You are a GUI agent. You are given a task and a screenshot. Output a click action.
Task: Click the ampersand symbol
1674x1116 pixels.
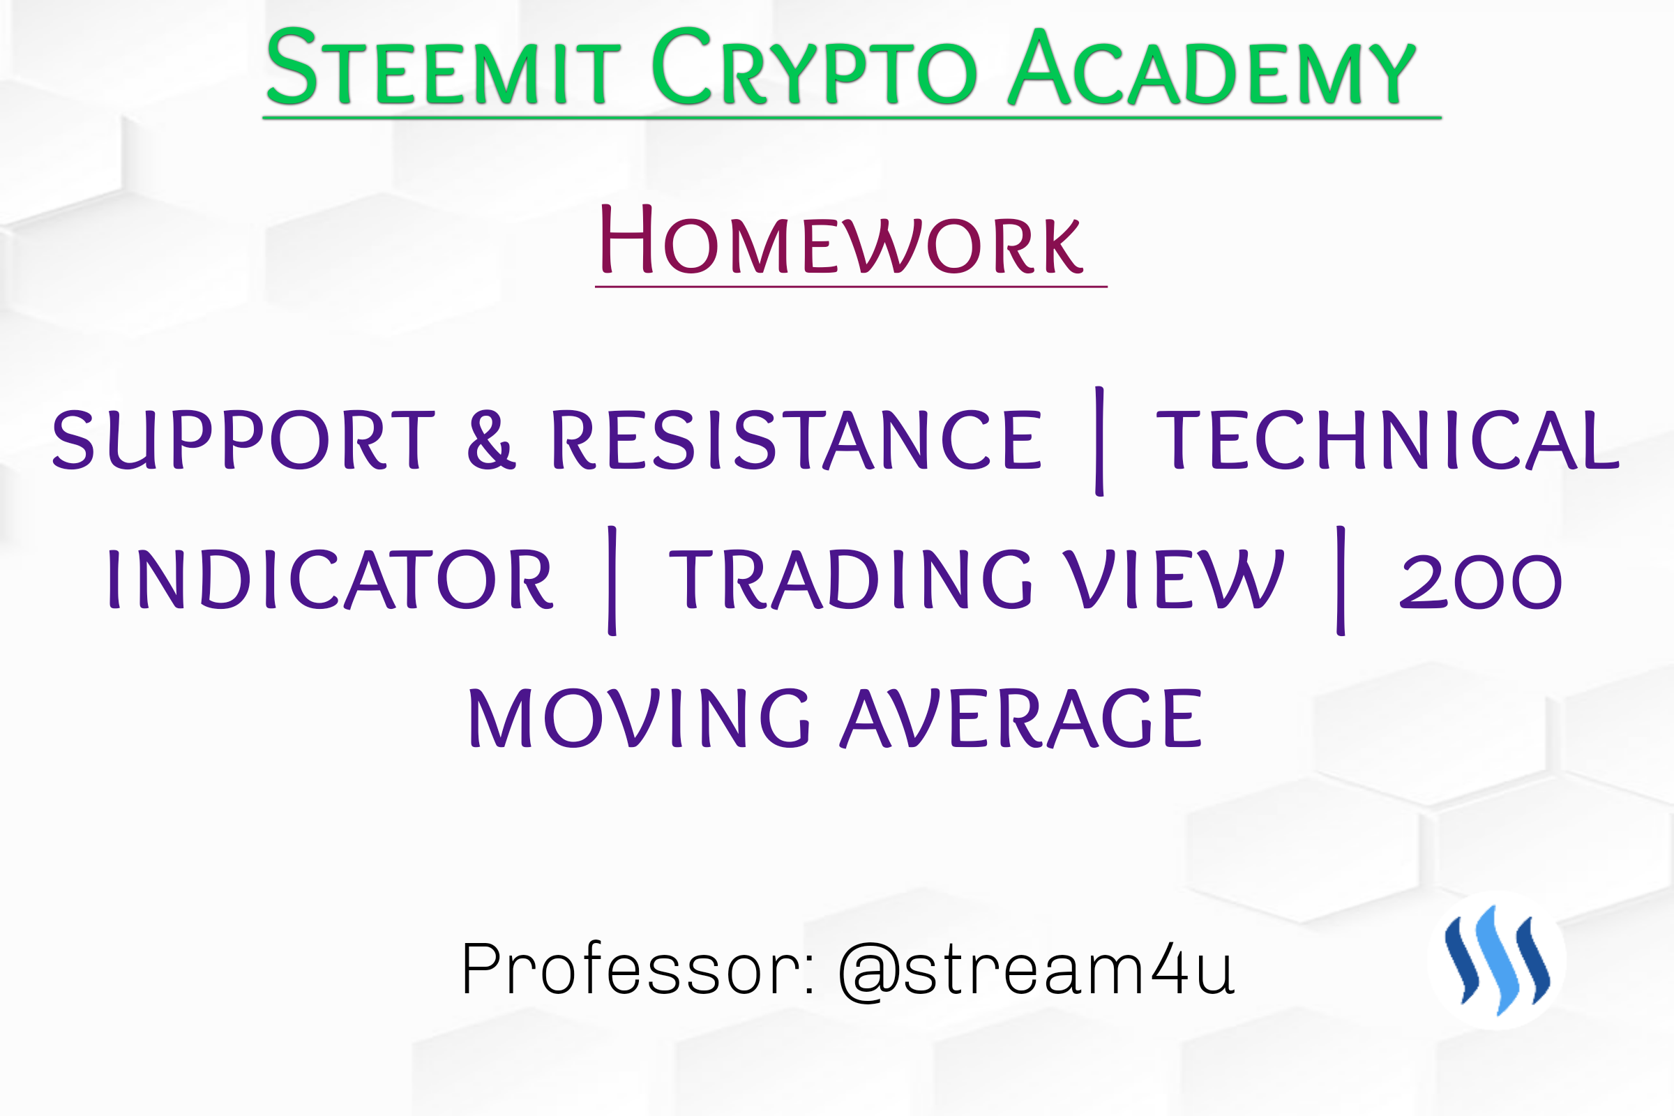point(491,440)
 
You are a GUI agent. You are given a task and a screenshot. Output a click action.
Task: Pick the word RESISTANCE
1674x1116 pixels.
point(797,440)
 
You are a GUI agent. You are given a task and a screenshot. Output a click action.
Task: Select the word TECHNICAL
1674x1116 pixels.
point(1388,440)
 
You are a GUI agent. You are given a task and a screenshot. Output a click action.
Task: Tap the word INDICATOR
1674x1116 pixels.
point(330,580)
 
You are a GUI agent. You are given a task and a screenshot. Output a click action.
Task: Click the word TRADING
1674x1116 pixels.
point(850,580)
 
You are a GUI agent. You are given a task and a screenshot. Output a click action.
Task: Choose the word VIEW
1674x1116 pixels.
point(1174,580)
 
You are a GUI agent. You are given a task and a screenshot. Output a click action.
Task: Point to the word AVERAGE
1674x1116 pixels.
point(1021,718)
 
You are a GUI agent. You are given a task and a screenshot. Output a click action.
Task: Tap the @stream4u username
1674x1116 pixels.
point(1036,971)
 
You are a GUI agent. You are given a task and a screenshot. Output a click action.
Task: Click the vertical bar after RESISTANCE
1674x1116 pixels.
point(1100,442)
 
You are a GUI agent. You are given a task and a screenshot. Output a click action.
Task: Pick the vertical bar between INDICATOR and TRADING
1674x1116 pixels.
point(612,581)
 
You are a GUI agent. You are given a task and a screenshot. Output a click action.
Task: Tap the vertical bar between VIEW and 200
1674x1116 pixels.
point(1341,581)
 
